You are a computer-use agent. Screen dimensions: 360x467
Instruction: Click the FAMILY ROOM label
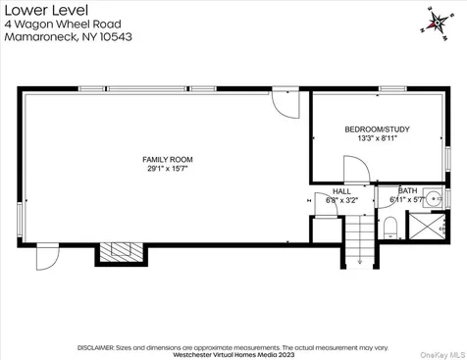(x=167, y=159)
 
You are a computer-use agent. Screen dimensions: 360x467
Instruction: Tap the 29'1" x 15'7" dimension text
(x=167, y=169)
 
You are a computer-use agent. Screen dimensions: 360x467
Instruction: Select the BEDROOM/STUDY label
(x=376, y=129)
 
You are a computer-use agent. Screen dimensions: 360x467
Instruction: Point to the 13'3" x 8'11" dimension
(x=376, y=139)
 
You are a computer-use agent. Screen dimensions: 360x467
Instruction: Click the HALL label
(x=341, y=191)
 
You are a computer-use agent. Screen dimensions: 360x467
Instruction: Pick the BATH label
(x=406, y=191)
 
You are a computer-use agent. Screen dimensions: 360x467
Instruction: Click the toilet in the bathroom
(x=390, y=229)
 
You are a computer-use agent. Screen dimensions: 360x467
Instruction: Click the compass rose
(x=433, y=21)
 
